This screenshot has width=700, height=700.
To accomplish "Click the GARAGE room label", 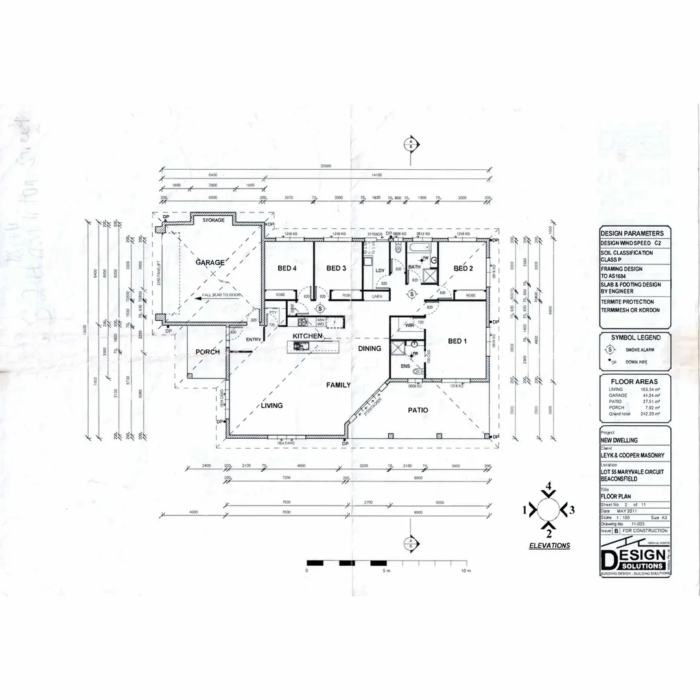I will [211, 262].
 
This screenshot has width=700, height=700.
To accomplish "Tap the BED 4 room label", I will [286, 268].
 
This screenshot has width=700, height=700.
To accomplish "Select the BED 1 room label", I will [457, 341].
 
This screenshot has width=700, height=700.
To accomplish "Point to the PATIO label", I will [417, 410].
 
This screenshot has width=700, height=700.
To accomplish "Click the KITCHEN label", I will [307, 336].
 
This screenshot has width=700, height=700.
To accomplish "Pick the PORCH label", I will [207, 352].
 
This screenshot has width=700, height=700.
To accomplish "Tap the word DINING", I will [369, 349].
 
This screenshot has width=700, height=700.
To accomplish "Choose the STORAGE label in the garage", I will [213, 220].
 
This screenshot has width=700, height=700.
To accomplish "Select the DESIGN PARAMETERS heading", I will [632, 233].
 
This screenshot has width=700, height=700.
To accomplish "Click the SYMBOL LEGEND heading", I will [636, 338].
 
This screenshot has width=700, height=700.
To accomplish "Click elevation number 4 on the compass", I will [548, 485].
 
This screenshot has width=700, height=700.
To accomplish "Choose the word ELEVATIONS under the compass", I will [550, 546].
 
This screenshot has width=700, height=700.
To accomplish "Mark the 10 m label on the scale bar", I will [465, 570].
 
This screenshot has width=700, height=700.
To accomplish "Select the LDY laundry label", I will [379, 270].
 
